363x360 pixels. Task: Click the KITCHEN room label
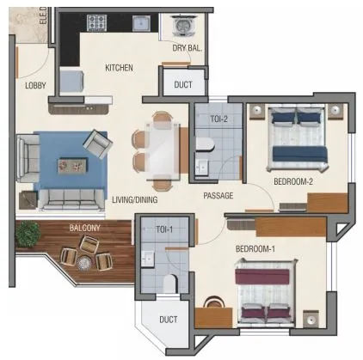click(x=119, y=67)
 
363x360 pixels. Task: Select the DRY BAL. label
click(x=186, y=49)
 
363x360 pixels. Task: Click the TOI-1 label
click(x=165, y=229)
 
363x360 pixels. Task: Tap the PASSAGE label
click(x=219, y=196)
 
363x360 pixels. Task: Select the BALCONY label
click(x=85, y=228)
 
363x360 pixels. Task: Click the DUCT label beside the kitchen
click(x=183, y=85)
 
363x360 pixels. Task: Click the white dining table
click(x=162, y=152)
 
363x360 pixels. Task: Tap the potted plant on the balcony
click(x=28, y=232)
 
